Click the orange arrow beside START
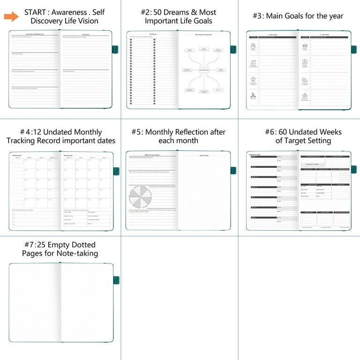[x=11, y=17]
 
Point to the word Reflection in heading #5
[x=186, y=132]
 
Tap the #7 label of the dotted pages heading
[x=30, y=245]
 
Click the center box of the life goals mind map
[x=204, y=69]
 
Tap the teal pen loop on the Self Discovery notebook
[x=115, y=50]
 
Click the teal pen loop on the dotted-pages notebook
[x=116, y=280]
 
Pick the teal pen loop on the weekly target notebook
[x=353, y=169]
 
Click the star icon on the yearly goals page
[x=253, y=80]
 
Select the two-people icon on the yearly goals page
[x=253, y=46]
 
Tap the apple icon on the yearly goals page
[x=305, y=95]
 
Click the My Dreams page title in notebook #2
[x=153, y=34]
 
